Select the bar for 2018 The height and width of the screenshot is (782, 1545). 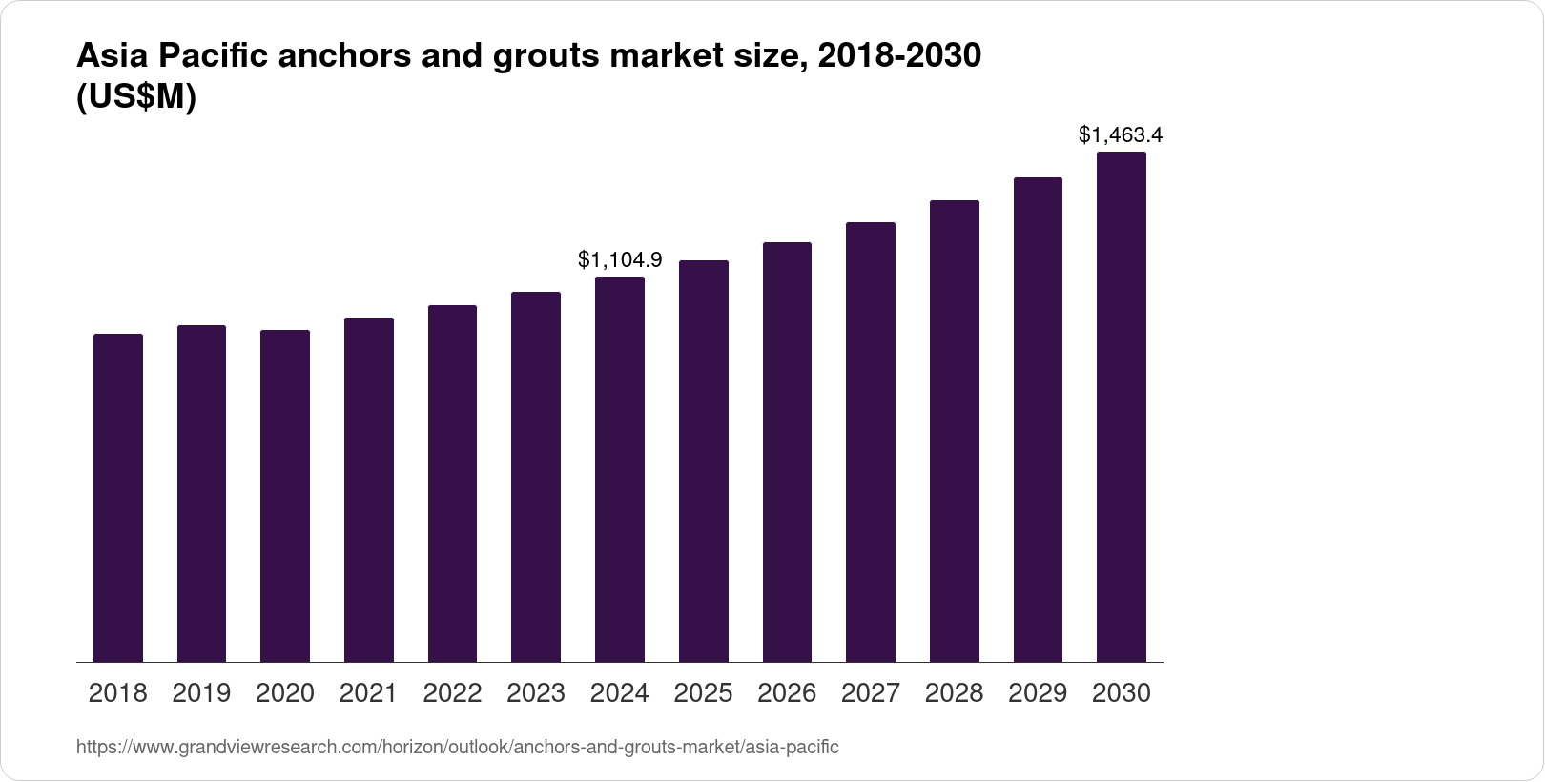click(x=118, y=498)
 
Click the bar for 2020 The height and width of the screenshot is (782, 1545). click(x=285, y=496)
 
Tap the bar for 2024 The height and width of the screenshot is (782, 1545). click(x=620, y=469)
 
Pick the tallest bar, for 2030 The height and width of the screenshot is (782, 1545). click(x=1122, y=407)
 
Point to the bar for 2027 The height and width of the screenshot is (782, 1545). click(x=871, y=442)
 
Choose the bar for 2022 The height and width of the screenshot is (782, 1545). click(x=452, y=484)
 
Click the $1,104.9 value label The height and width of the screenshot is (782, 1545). click(x=620, y=259)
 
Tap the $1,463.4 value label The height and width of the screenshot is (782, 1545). click(x=1121, y=135)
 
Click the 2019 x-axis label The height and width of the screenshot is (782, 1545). click(x=201, y=693)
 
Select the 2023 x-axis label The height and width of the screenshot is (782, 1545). click(x=536, y=693)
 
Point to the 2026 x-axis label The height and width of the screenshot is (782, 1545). click(x=787, y=693)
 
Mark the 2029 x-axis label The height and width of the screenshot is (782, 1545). click(x=1038, y=693)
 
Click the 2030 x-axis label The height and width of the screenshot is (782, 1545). click(x=1122, y=693)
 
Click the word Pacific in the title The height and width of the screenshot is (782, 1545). click(x=213, y=57)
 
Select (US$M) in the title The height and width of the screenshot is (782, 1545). click(x=135, y=98)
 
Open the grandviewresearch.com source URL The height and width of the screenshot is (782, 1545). click(x=457, y=748)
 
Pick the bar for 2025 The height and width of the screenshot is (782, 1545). click(x=704, y=462)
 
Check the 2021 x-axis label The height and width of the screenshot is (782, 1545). click(x=369, y=693)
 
